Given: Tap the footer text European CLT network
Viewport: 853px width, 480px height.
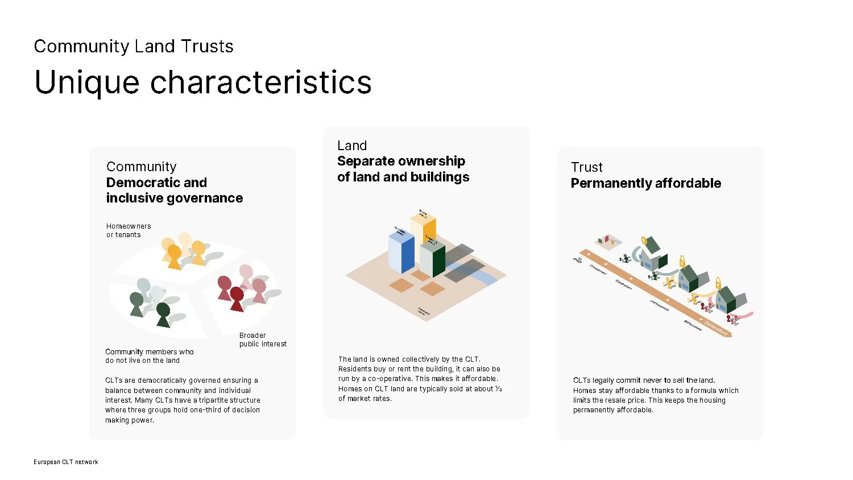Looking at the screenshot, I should pos(65,462).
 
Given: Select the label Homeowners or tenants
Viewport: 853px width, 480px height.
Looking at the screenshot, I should pos(128,230).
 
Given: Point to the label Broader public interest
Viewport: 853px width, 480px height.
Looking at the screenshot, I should pos(263,340).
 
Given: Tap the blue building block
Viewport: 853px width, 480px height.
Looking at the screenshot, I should pos(401,253).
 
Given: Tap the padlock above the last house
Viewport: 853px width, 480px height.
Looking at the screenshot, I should pos(718,282).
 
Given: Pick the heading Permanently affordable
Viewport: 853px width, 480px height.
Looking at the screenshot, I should pos(645,183).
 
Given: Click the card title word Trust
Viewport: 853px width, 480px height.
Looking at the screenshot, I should pos(586,167).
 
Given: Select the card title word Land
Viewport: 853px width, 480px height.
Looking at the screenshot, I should pos(352,146).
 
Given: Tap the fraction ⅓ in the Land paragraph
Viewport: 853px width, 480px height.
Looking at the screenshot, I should pos(498,388).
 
